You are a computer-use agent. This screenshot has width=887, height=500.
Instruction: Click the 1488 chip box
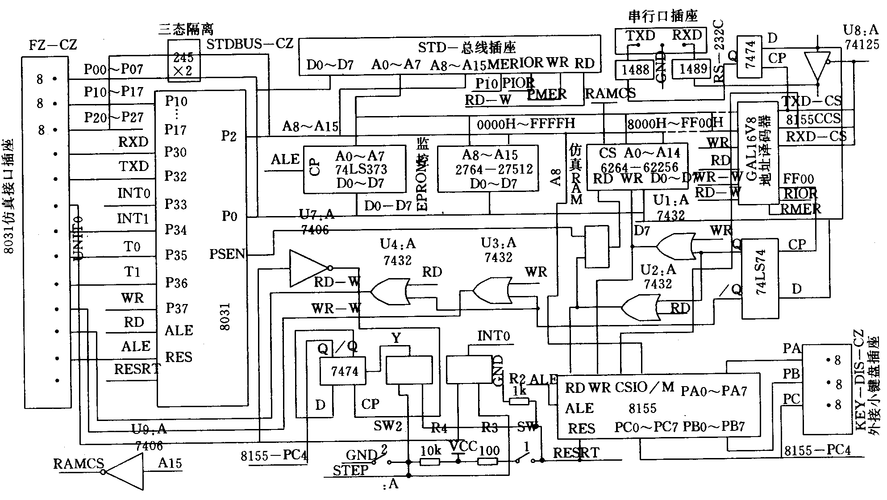[635, 70]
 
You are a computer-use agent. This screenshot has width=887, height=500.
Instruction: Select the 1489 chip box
[693, 69]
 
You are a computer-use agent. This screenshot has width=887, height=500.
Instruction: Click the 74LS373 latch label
[361, 170]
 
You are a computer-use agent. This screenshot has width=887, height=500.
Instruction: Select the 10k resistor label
[430, 450]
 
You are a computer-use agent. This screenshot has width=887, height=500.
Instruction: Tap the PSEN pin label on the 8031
[227, 254]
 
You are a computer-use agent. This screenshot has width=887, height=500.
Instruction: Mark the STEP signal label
[350, 470]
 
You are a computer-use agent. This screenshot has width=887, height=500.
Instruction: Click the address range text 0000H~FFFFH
[525, 124]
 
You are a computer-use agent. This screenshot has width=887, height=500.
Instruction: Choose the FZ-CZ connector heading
[53, 45]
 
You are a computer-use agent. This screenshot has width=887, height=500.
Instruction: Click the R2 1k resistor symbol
[519, 401]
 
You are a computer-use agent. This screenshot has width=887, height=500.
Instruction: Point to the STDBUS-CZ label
[250, 44]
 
